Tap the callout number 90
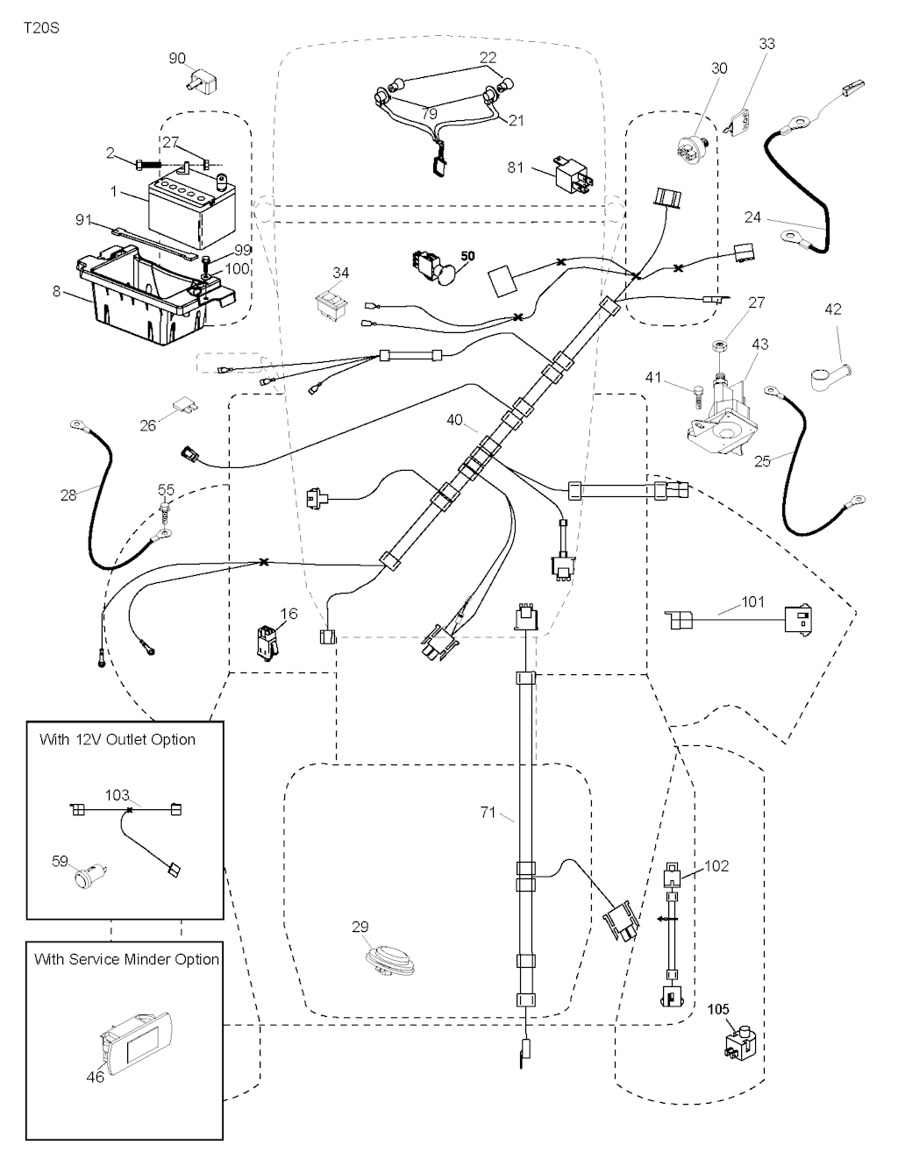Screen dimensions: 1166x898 [177, 59]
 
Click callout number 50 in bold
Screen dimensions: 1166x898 [468, 256]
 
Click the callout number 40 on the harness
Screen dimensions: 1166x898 [454, 421]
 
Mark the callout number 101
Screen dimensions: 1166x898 [752, 602]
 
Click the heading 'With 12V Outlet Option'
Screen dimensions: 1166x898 [118, 740]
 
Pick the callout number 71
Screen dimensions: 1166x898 [488, 813]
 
